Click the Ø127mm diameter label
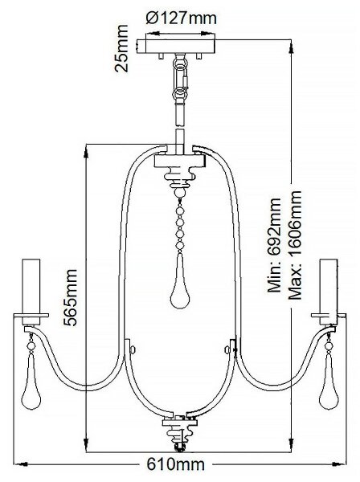pos(181,18)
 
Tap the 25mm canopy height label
pos(121,48)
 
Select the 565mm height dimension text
pos(71,297)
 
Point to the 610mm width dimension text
pos(175,464)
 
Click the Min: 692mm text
pos(274,244)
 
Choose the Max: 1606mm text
pos(295,245)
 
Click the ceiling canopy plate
pos(176,47)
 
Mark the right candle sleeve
pos(329,292)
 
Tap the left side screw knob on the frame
pos(133,349)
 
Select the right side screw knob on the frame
pos(227,349)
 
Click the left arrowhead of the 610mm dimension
pos(22,464)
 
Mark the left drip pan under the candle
pos(31,316)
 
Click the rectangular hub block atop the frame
pos(180,161)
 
